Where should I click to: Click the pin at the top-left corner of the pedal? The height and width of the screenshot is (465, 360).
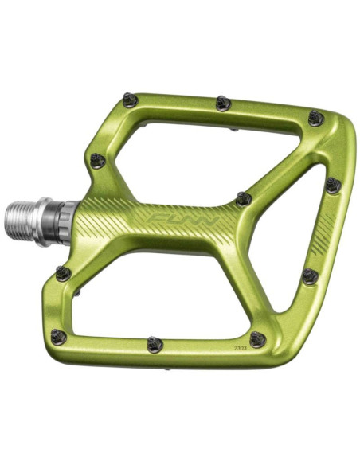tap(130, 100)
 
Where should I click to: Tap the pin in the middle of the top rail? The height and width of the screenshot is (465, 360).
tap(224, 103)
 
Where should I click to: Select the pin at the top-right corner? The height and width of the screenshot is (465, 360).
tap(317, 119)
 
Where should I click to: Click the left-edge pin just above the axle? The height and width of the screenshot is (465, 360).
tap(98, 161)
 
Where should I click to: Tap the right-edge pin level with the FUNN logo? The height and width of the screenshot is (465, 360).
tap(333, 186)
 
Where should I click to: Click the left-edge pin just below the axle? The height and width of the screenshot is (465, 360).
tap(64, 274)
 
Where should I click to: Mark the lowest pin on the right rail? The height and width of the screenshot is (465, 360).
tap(310, 276)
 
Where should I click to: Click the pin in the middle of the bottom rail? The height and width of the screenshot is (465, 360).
tap(155, 344)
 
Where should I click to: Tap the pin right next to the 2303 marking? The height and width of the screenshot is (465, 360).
tap(256, 339)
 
